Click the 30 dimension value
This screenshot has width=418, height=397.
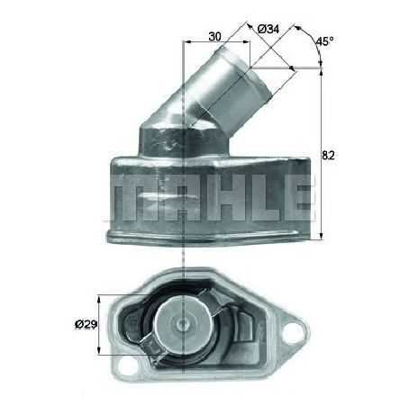(x=214, y=37)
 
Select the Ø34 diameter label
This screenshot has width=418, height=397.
(x=267, y=29)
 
